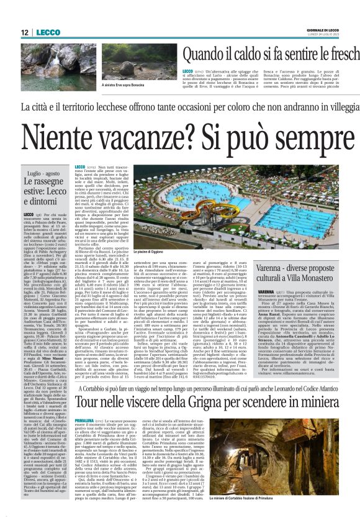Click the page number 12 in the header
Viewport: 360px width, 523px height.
pyautogui.click(x=24, y=32)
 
